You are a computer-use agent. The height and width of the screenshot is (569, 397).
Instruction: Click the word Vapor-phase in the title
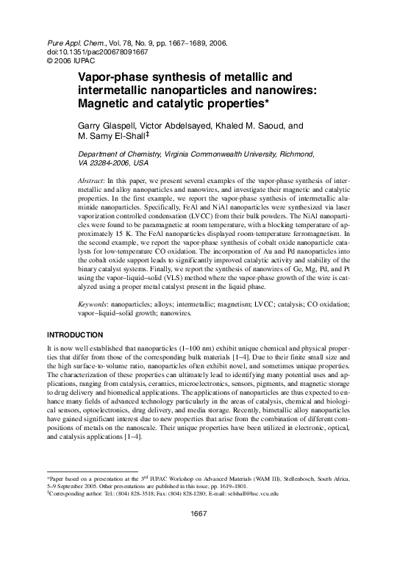tap(110, 76)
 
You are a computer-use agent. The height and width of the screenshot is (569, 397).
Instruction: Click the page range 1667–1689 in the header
tap(182, 43)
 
